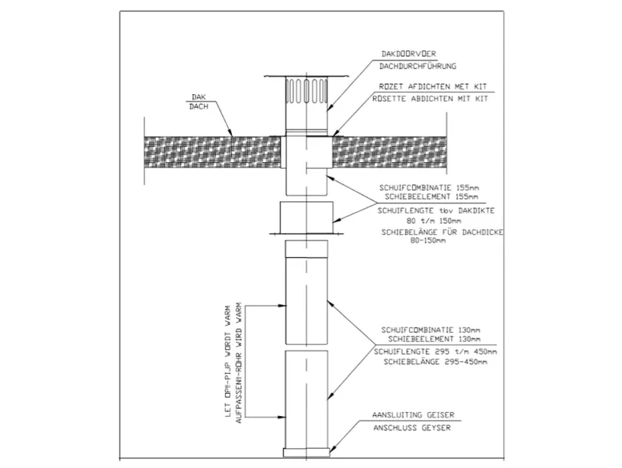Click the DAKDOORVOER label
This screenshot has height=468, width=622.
point(408,54)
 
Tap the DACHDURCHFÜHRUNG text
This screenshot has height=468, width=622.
point(418,66)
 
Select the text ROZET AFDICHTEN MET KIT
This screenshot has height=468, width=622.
point(433,86)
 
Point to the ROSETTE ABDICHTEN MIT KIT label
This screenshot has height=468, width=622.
point(430,99)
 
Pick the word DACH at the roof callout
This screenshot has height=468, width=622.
point(199,106)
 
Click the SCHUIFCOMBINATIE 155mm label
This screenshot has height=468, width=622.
point(429,188)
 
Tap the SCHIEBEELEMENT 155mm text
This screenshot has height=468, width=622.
point(431,196)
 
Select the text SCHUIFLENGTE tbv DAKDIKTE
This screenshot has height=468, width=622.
point(436,211)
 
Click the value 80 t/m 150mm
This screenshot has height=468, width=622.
point(434,220)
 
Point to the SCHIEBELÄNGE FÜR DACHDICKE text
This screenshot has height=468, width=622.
point(443,232)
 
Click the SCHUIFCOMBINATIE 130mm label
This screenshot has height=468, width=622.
point(431,330)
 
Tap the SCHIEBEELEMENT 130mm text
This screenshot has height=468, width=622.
point(434,339)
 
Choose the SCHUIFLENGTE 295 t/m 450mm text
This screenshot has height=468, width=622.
point(435,351)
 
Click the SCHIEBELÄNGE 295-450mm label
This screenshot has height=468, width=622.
point(435,362)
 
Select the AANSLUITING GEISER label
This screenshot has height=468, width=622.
point(413,414)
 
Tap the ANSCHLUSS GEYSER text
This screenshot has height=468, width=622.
point(411,428)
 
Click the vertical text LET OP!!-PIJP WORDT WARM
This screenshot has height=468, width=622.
point(228,361)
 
